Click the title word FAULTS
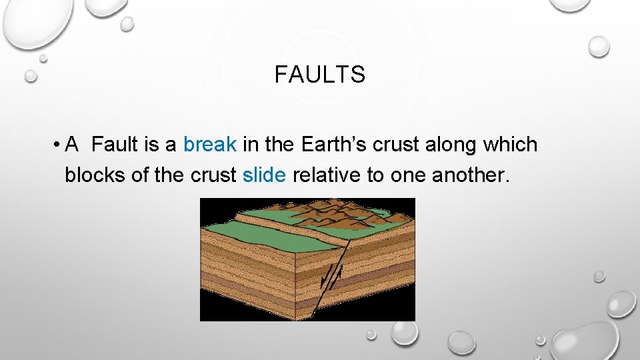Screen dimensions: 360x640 click(x=319, y=75)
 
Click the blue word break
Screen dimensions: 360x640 click(x=210, y=145)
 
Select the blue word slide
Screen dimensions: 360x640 click(x=265, y=175)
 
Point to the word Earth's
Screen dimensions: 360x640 click(x=330, y=145)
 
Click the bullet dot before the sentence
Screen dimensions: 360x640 click(x=59, y=145)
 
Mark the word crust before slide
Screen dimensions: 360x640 click(x=214, y=175)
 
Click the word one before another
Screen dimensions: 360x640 click(x=408, y=175)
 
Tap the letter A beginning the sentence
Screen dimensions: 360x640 click(x=73, y=145)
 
